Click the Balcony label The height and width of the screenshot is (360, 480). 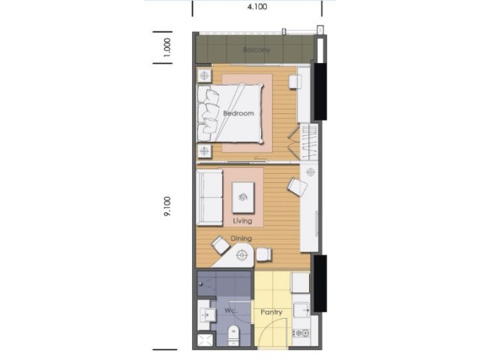[256, 49]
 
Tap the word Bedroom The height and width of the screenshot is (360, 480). [238, 113]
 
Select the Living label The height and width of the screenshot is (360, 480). [242, 220]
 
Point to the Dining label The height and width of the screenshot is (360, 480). [241, 238]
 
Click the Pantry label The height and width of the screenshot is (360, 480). [271, 312]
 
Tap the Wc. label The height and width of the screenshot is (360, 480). [231, 310]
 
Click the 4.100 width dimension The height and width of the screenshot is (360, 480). [257, 7]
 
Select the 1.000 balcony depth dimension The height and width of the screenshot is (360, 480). [167, 47]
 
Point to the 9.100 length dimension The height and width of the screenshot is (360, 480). [167, 206]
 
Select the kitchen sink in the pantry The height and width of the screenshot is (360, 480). [301, 310]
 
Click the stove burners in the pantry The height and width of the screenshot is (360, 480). [301, 333]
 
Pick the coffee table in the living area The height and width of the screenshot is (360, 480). [243, 197]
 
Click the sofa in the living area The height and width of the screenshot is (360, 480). [210, 198]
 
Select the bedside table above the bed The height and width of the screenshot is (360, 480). [205, 75]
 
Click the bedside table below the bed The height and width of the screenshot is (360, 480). [205, 151]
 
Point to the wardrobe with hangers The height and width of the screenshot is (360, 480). [308, 141]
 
